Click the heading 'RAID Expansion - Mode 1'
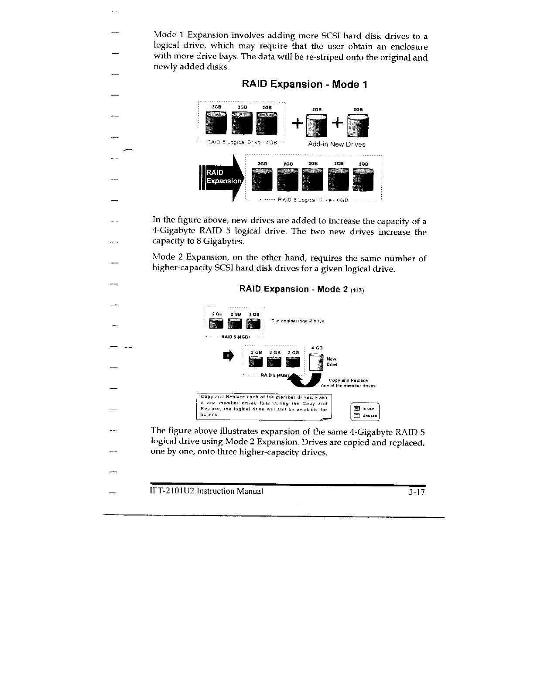[x=304, y=84]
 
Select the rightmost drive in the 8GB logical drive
[x=363, y=180]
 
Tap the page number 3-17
[x=414, y=492]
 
